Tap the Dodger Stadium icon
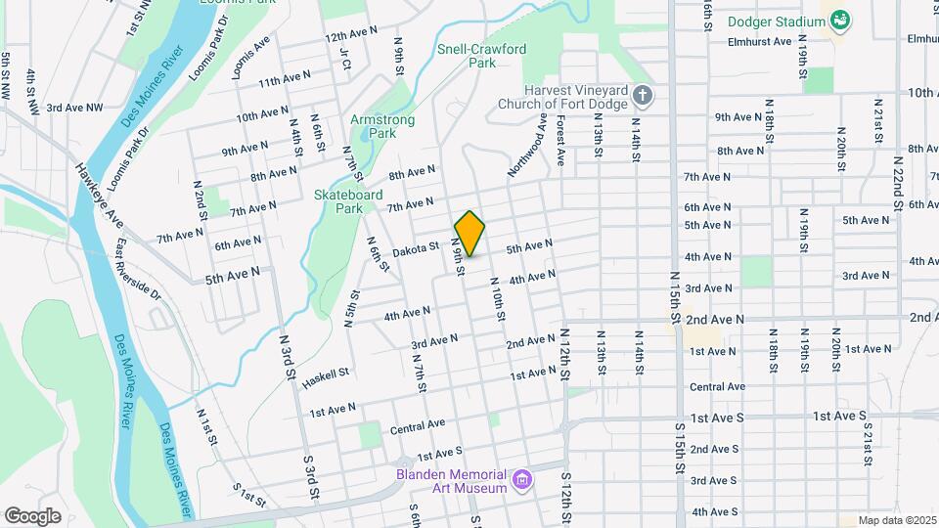coord(839,20)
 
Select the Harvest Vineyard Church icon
coord(642,96)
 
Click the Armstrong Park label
coord(382,126)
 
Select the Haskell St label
coord(330,374)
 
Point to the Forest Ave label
coord(560,142)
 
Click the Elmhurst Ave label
coord(760,42)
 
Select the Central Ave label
coord(417,427)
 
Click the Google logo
coord(32,515)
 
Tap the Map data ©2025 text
coord(896,520)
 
